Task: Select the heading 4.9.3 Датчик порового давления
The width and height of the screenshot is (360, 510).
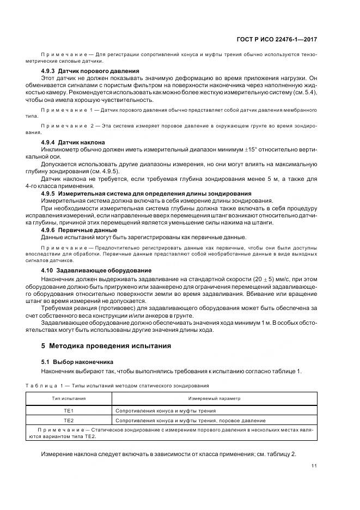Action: tap(90, 71)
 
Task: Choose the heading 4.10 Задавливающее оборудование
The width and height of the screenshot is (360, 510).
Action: tap(96, 270)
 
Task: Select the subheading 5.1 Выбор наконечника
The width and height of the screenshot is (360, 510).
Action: tap(77, 361)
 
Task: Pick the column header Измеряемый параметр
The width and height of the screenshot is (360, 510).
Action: tap(215, 398)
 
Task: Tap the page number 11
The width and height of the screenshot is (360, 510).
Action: tap(314, 465)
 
